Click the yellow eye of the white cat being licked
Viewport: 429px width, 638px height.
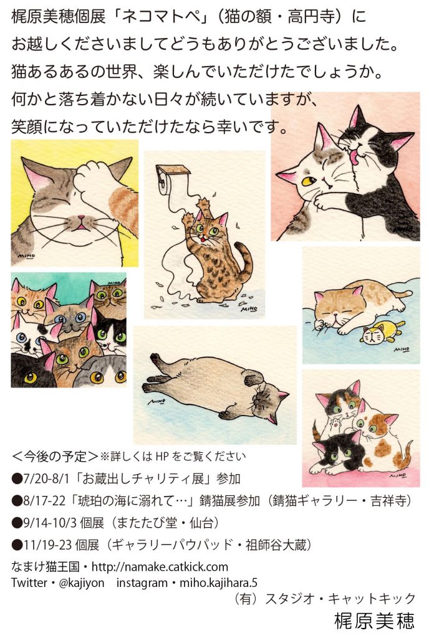coord(309,179)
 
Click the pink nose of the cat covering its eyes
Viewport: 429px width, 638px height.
coord(82,218)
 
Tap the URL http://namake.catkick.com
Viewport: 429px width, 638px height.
coord(160,566)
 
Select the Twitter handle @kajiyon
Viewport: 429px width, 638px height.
coord(82,583)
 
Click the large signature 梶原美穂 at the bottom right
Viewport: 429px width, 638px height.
coord(374,621)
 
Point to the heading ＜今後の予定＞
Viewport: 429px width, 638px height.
coord(55,456)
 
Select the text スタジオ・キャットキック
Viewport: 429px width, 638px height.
coord(339,599)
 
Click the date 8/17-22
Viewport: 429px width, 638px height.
coord(44,500)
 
